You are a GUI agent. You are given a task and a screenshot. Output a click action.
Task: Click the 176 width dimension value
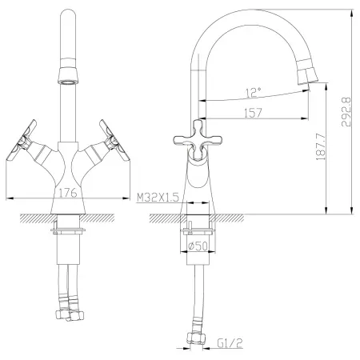pyautogui.click(x=68, y=193)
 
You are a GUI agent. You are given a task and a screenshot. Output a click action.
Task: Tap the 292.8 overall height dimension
pyautogui.click(x=346, y=112)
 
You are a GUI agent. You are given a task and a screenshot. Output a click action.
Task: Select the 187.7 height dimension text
pyautogui.click(x=321, y=147)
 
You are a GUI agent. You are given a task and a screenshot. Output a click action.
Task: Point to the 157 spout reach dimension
pyautogui.click(x=253, y=113)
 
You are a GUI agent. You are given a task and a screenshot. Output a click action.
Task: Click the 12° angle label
pyautogui.click(x=253, y=92)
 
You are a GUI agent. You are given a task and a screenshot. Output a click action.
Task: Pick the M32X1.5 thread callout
pyautogui.click(x=158, y=198)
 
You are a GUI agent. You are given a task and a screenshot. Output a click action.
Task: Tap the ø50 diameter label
pyautogui.click(x=198, y=246)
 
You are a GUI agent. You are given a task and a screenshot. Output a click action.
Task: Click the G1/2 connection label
pyautogui.click(x=230, y=343)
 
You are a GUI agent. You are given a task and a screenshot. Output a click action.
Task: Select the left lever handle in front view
pyautogui.click(x=21, y=140)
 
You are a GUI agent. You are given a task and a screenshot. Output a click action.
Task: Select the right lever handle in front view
pyautogui.click(x=114, y=140)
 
